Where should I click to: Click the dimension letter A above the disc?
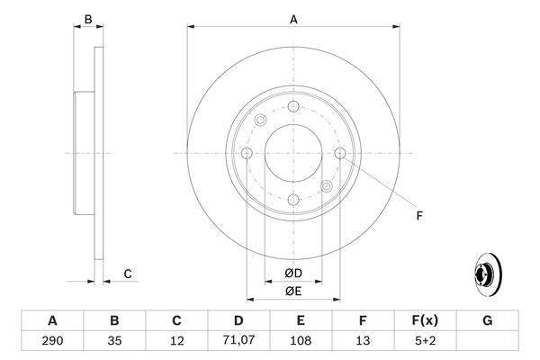293,18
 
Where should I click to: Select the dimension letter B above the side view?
87,18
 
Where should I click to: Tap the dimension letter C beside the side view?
128,274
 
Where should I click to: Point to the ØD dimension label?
293,273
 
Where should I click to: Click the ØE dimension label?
293,291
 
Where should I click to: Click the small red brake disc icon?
486,274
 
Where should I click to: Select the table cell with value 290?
52,342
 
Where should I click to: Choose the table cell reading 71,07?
238,342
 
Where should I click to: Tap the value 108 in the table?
301,342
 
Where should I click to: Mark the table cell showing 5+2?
424,342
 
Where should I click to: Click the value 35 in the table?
114,342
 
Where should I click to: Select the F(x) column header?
424,320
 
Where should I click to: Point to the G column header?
487,320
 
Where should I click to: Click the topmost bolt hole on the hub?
293,107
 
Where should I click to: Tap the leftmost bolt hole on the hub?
247,153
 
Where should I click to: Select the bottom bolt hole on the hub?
293,199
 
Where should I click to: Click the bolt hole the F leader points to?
339,153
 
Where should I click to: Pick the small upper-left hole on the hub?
261,121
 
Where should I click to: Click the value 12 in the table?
176,342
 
